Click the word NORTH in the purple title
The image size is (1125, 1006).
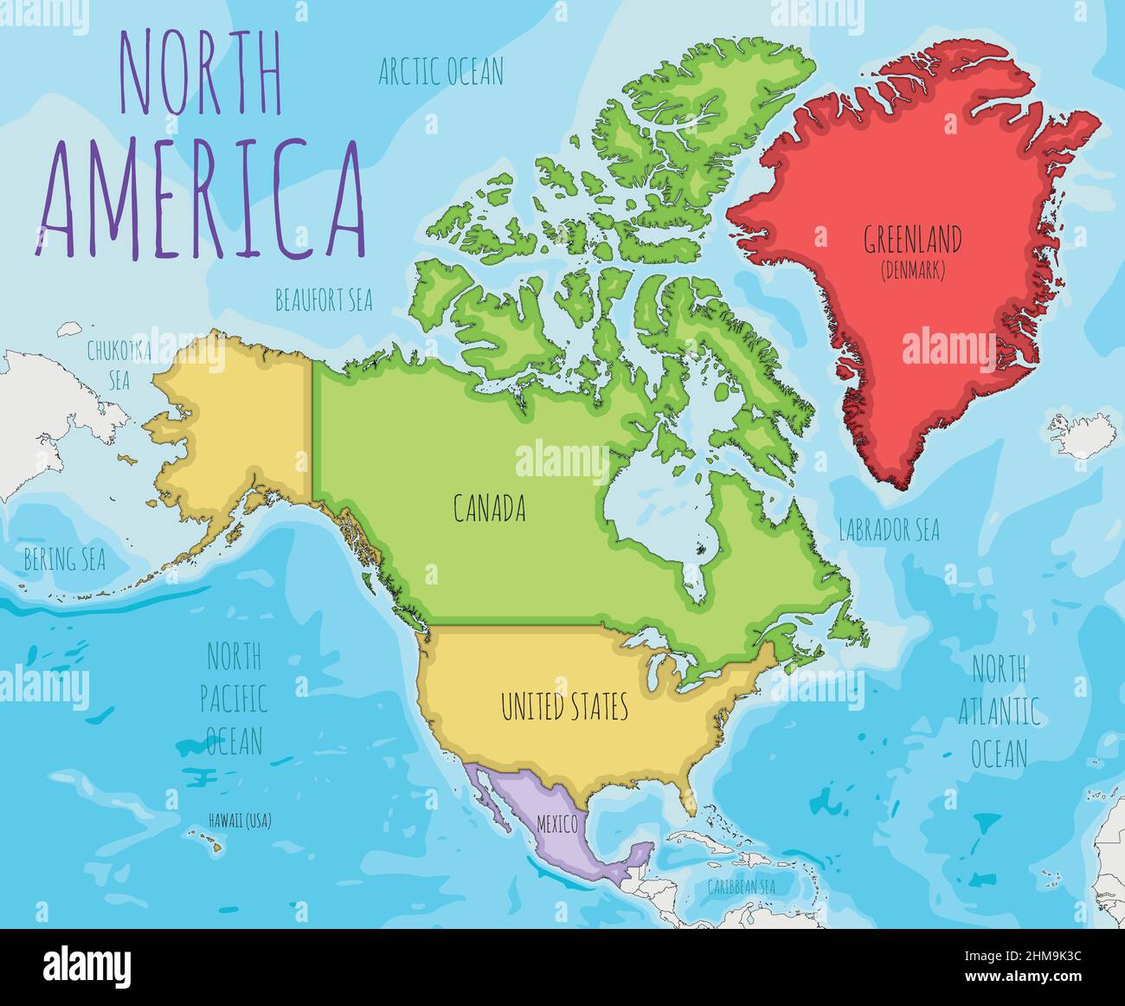pyautogui.click(x=200, y=85)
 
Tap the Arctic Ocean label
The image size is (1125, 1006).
pyautogui.click(x=440, y=72)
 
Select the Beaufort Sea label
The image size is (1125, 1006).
pyautogui.click(x=324, y=301)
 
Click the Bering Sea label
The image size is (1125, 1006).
pyautogui.click(x=65, y=560)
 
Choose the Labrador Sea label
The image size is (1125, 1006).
pyautogui.click(x=889, y=530)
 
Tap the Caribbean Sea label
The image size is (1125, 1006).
pyautogui.click(x=740, y=887)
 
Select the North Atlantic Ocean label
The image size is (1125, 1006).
pyautogui.click(x=999, y=711)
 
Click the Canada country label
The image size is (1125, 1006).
pyautogui.click(x=490, y=509)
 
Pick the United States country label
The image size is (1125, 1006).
pyautogui.click(x=564, y=707)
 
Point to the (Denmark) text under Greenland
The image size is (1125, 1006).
pyautogui.click(x=913, y=270)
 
